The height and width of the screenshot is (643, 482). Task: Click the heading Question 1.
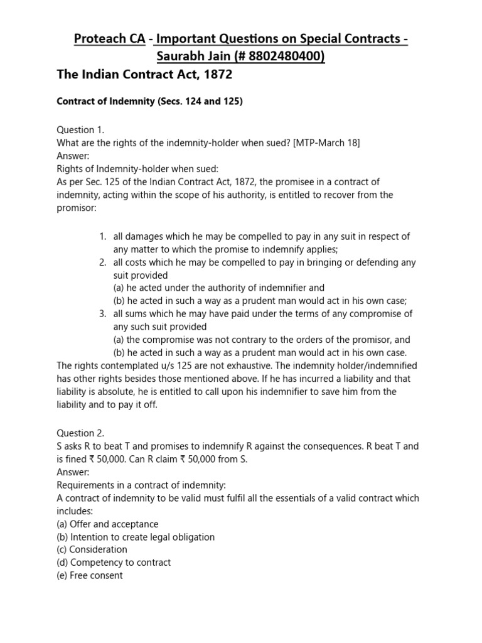80,130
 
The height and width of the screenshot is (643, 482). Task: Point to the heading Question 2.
81,433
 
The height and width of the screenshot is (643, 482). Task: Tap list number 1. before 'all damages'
103,237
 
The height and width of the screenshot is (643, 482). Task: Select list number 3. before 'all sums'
103,313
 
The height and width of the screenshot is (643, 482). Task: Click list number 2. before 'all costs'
103,262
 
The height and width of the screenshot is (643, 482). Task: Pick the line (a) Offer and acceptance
107,524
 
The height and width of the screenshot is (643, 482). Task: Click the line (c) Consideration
92,549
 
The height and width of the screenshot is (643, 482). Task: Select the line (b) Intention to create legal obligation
136,537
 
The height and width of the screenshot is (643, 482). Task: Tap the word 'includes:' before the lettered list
75,511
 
